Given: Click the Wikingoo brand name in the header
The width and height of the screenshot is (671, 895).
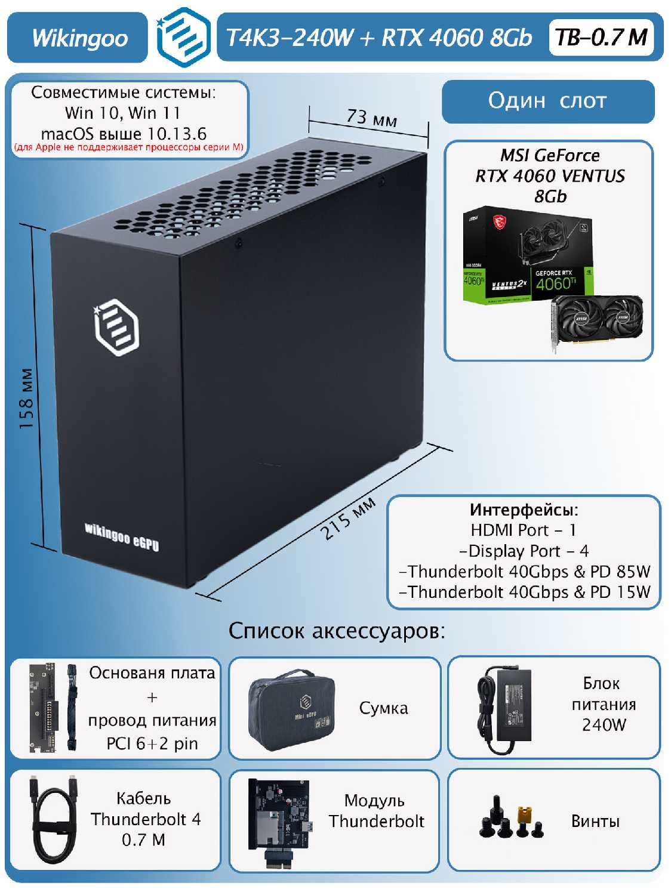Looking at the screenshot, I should point(79,38).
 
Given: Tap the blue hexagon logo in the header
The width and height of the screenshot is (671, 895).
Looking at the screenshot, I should point(183,37).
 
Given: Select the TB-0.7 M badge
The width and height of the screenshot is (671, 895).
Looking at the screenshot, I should point(601,38).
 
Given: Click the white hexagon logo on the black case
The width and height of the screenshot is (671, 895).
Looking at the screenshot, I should point(117,328).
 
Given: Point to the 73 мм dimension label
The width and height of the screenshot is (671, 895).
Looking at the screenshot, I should point(371,117).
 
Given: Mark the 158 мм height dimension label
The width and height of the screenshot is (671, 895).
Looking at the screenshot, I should point(27,398).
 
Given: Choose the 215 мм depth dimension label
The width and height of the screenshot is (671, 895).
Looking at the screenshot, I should point(348,517).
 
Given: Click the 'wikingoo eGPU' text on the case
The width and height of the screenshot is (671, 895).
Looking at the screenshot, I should point(122,536).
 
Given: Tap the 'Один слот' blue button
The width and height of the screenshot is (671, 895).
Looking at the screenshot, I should point(547,101).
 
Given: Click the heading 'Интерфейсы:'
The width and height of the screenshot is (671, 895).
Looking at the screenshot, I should point(524,510).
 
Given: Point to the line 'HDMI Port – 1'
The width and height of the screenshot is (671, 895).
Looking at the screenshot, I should point(524,530).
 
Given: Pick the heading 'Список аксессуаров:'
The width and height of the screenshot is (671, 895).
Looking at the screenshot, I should point(337,631).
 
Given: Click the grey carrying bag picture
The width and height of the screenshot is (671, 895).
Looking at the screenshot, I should point(291,708).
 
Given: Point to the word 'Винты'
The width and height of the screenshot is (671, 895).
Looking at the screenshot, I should point(595,821).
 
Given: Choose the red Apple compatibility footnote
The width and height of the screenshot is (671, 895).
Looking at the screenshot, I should point(128,147).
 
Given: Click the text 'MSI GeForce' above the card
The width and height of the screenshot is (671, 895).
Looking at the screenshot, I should point(550,156).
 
